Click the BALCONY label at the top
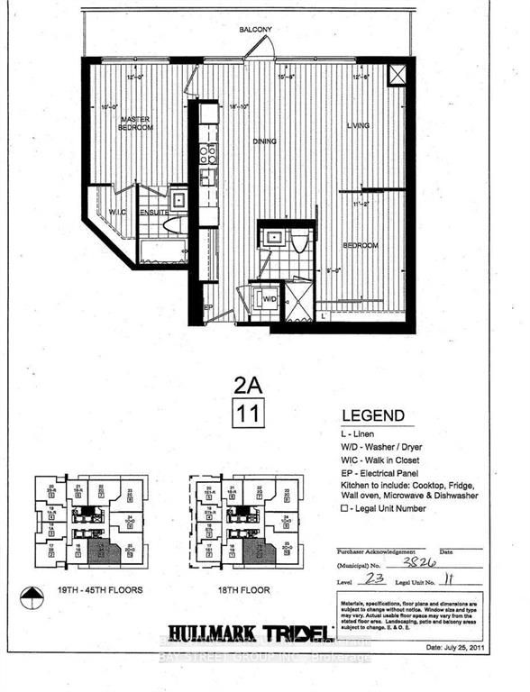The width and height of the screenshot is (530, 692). pos(255,30)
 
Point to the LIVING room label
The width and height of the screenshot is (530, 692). pos(359,125)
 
